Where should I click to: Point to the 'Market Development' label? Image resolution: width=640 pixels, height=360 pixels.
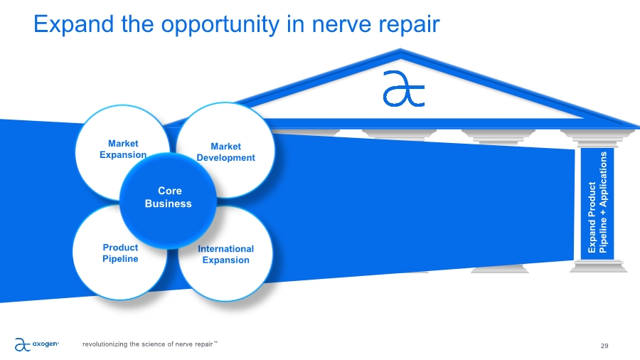pos(225,152)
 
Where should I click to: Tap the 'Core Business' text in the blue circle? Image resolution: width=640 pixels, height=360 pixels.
pos(168,198)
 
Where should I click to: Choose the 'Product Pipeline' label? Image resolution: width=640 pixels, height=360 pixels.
pos(120,253)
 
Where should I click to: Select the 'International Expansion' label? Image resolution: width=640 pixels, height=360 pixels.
pos(225,254)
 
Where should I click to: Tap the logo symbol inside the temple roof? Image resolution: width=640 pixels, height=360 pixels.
pos(402,89)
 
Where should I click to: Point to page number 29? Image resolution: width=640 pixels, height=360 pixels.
pos(604,346)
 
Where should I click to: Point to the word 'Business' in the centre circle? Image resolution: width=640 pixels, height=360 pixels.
pos(168,203)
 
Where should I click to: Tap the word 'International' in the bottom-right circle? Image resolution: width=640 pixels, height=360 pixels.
pos(225,249)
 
